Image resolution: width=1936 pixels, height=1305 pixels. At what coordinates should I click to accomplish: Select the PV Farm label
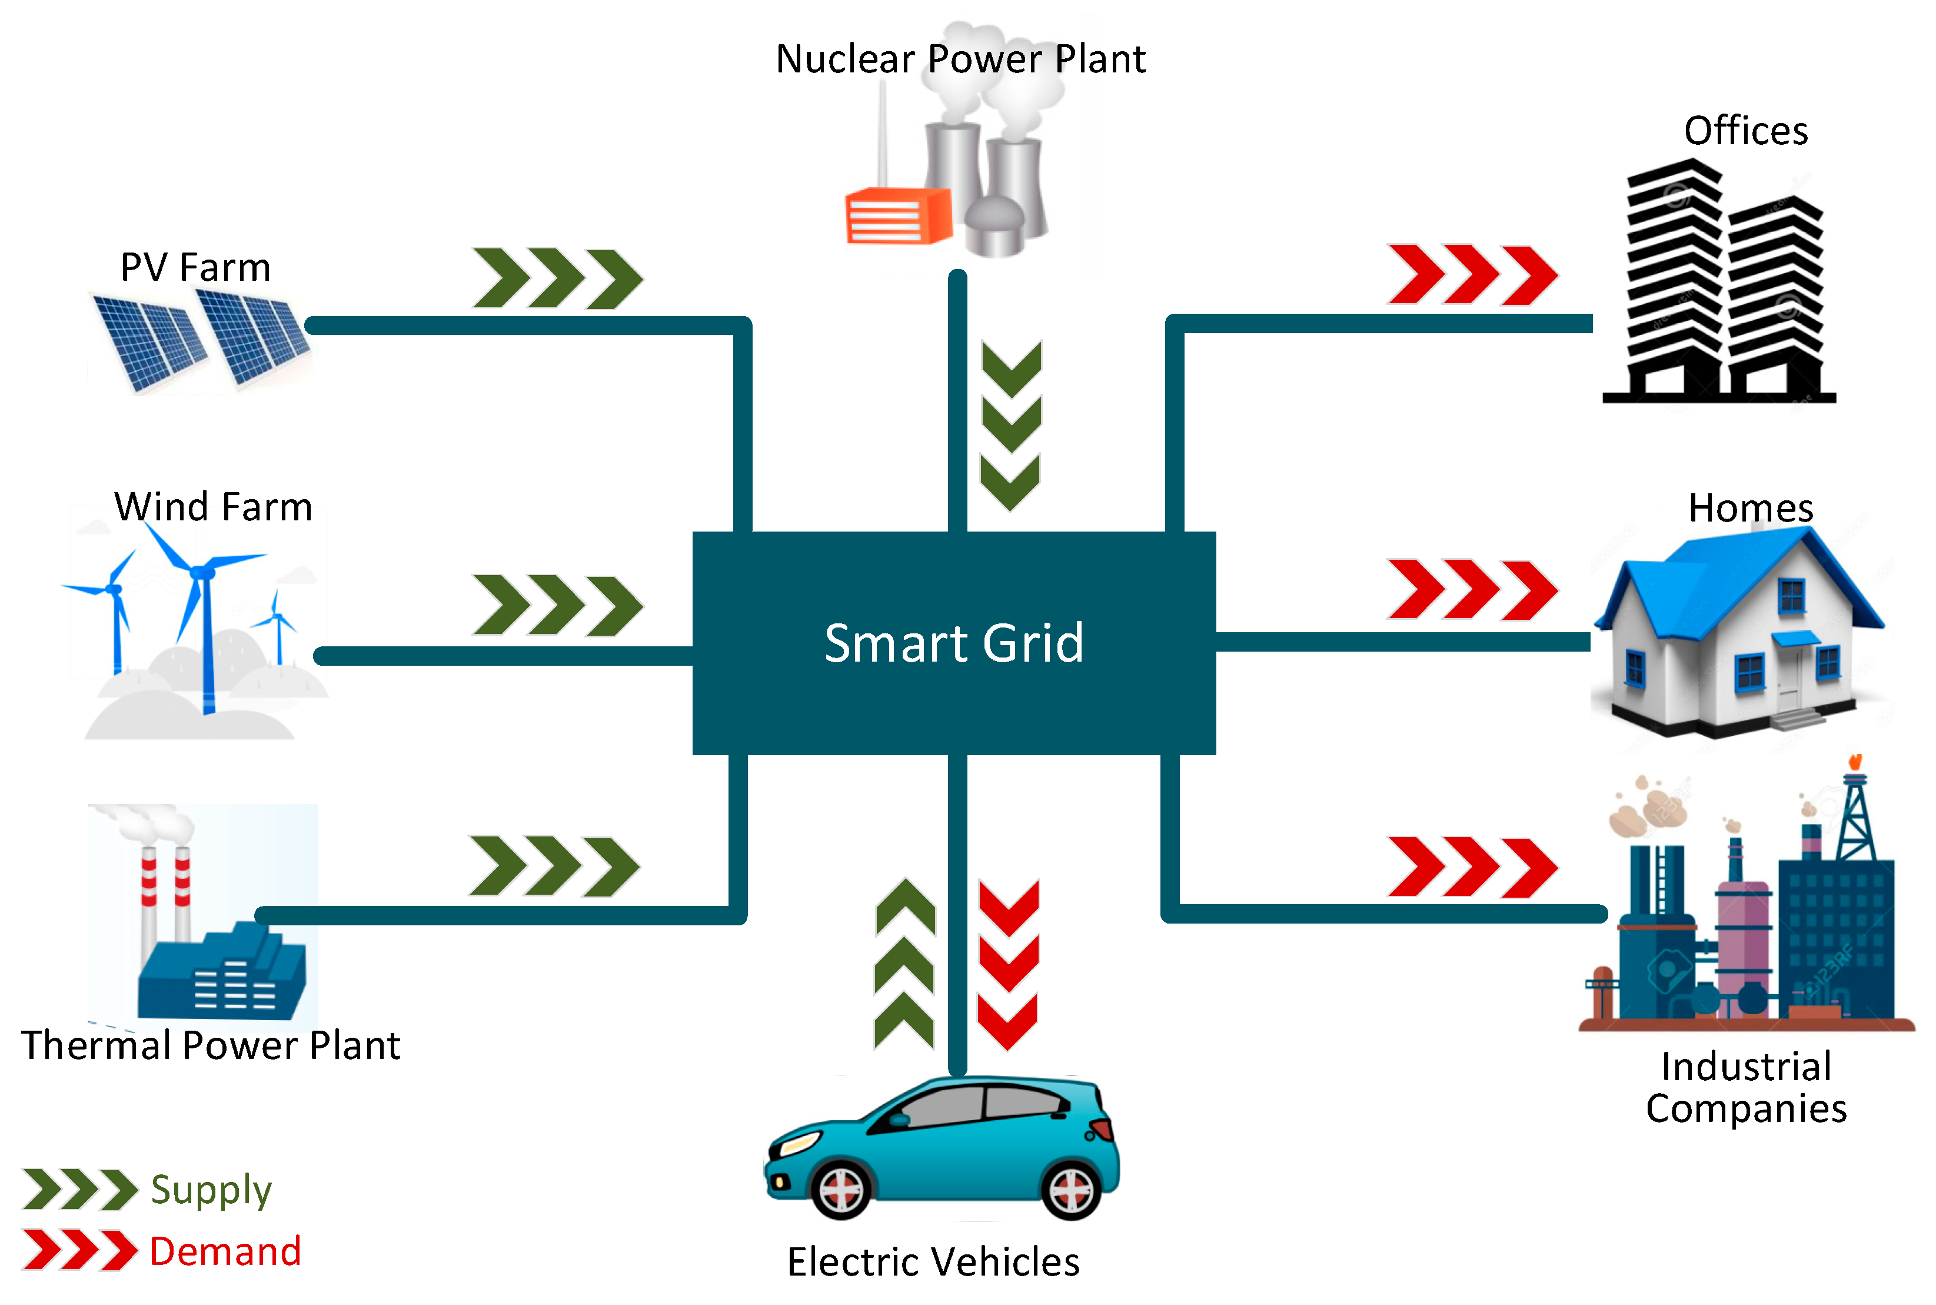pos(195,268)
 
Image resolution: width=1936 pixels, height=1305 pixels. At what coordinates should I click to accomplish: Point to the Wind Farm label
pos(213,507)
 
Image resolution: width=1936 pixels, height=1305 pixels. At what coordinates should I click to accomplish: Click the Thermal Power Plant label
pos(211,1045)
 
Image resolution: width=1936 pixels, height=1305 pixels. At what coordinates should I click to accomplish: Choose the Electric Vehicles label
pos(933,1261)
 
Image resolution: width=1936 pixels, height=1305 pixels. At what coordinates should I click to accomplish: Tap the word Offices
pos(1745,131)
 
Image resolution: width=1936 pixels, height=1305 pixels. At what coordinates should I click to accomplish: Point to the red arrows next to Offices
pos(1471,275)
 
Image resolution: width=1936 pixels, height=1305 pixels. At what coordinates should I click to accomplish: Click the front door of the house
pos(1788,678)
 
